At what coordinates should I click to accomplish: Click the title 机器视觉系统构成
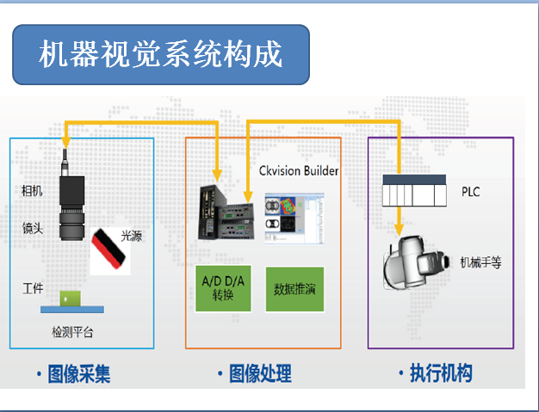(x=161, y=54)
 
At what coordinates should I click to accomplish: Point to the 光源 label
(x=132, y=234)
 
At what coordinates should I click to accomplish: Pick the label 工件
(x=33, y=287)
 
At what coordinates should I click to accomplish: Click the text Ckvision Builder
(x=298, y=170)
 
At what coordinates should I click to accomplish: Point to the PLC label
(x=471, y=192)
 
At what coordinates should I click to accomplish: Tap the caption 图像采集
(x=76, y=374)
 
